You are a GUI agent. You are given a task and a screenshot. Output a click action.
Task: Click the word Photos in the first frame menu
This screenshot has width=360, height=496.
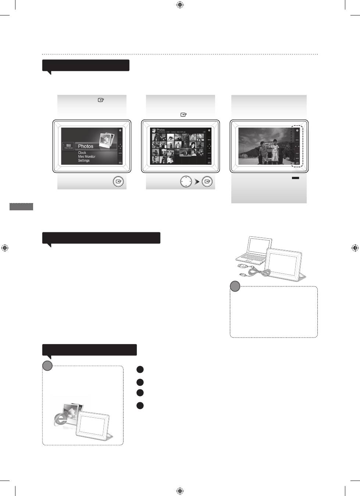pyautogui.click(x=86, y=146)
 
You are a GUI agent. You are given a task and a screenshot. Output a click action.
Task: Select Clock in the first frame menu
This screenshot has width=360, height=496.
pyautogui.click(x=82, y=153)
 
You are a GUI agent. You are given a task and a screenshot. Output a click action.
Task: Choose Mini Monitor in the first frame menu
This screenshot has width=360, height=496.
pyautogui.click(x=86, y=157)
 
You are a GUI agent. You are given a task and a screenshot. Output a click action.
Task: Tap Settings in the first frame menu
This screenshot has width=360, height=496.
pyautogui.click(x=83, y=161)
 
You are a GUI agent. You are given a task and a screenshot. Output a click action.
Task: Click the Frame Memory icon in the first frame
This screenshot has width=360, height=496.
pyautogui.click(x=68, y=146)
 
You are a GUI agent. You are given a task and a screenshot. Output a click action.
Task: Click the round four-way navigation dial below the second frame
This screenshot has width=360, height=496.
pyautogui.click(x=186, y=182)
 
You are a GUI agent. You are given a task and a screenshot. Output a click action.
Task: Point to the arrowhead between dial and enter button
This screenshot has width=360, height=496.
pyautogui.click(x=197, y=182)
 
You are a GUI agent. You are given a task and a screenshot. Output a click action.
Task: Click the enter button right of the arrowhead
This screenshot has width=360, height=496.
pyautogui.click(x=207, y=182)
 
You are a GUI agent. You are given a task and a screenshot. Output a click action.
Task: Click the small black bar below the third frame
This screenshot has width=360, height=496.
pyautogui.click(x=295, y=178)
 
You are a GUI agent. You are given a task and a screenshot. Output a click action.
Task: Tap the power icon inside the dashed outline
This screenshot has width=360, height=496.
pyautogui.click(x=297, y=131)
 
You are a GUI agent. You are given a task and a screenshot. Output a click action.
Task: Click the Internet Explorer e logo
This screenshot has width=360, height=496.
pyautogui.click(x=60, y=420)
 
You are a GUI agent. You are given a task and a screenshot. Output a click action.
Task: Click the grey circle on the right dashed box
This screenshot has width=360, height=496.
pyautogui.click(x=235, y=286)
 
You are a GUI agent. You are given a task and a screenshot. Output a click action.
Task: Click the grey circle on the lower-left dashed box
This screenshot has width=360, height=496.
pyautogui.click(x=47, y=365)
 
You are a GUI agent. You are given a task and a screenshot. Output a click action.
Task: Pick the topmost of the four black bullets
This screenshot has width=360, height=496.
pyautogui.click(x=140, y=370)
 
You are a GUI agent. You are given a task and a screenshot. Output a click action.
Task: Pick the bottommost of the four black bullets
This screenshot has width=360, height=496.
pyautogui.click(x=140, y=406)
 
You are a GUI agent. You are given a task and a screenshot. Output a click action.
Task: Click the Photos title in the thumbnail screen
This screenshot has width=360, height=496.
pyautogui.click(x=161, y=130)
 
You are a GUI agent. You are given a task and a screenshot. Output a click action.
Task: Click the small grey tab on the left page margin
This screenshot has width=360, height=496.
pyautogui.click(x=21, y=206)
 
